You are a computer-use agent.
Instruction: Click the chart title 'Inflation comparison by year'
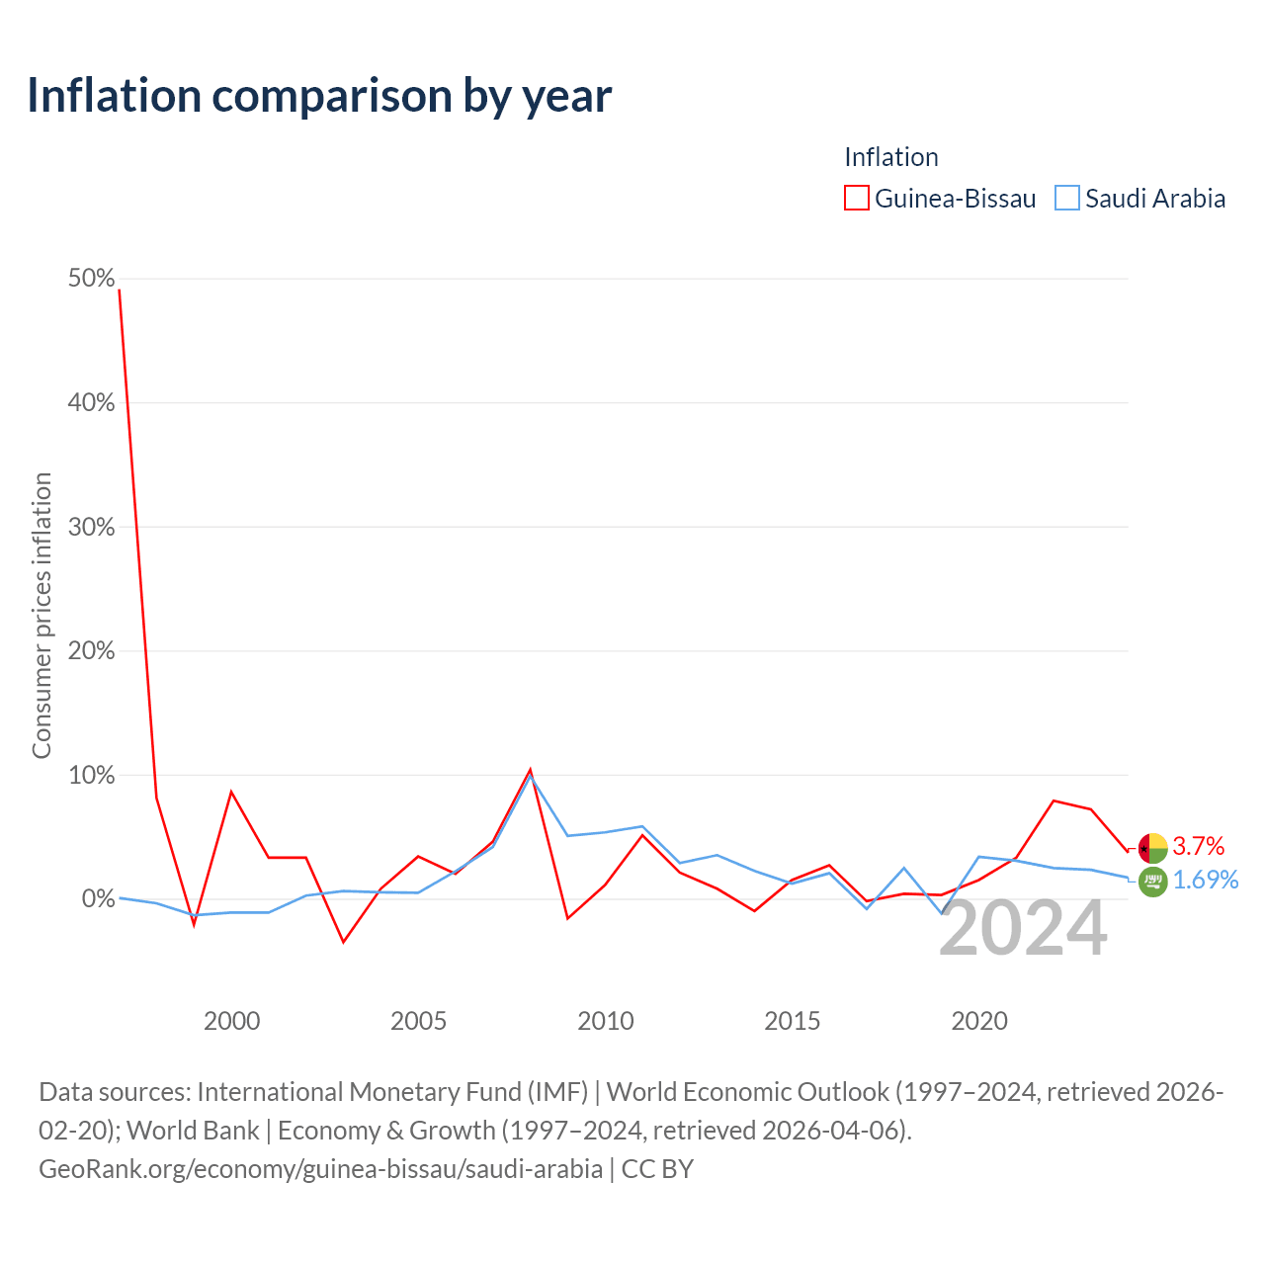pyautogui.click(x=319, y=96)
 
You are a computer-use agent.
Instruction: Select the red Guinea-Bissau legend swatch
pyautogui.click(x=856, y=198)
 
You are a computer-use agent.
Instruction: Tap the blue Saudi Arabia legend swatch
pyautogui.click(x=1066, y=198)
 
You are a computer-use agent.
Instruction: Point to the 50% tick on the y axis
pyautogui.click(x=91, y=279)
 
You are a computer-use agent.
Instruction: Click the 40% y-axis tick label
pyautogui.click(x=91, y=402)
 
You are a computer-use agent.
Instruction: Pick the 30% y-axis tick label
pyautogui.click(x=91, y=527)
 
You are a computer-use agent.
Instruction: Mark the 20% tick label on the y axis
pyautogui.click(x=91, y=650)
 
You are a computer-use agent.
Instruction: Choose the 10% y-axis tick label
pyautogui.click(x=91, y=775)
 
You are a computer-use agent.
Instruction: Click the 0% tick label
pyautogui.click(x=99, y=898)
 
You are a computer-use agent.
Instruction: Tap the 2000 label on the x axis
pyautogui.click(x=231, y=1021)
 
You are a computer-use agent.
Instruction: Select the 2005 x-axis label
pyautogui.click(x=418, y=1021)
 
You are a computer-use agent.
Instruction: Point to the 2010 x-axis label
pyautogui.click(x=605, y=1021)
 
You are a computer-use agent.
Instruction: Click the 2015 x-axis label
pyautogui.click(x=793, y=1021)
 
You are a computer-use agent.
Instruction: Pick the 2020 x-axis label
pyautogui.click(x=979, y=1021)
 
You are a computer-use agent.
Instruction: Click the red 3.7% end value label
pyautogui.click(x=1198, y=846)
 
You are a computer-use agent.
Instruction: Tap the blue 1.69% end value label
pyautogui.click(x=1206, y=880)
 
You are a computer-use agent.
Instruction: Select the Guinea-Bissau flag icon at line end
pyautogui.click(x=1152, y=848)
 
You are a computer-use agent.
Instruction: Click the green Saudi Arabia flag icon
pyautogui.click(x=1152, y=881)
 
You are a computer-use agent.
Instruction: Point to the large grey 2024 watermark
pyautogui.click(x=1024, y=928)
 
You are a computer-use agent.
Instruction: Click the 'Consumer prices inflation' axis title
pyautogui.click(x=42, y=615)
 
